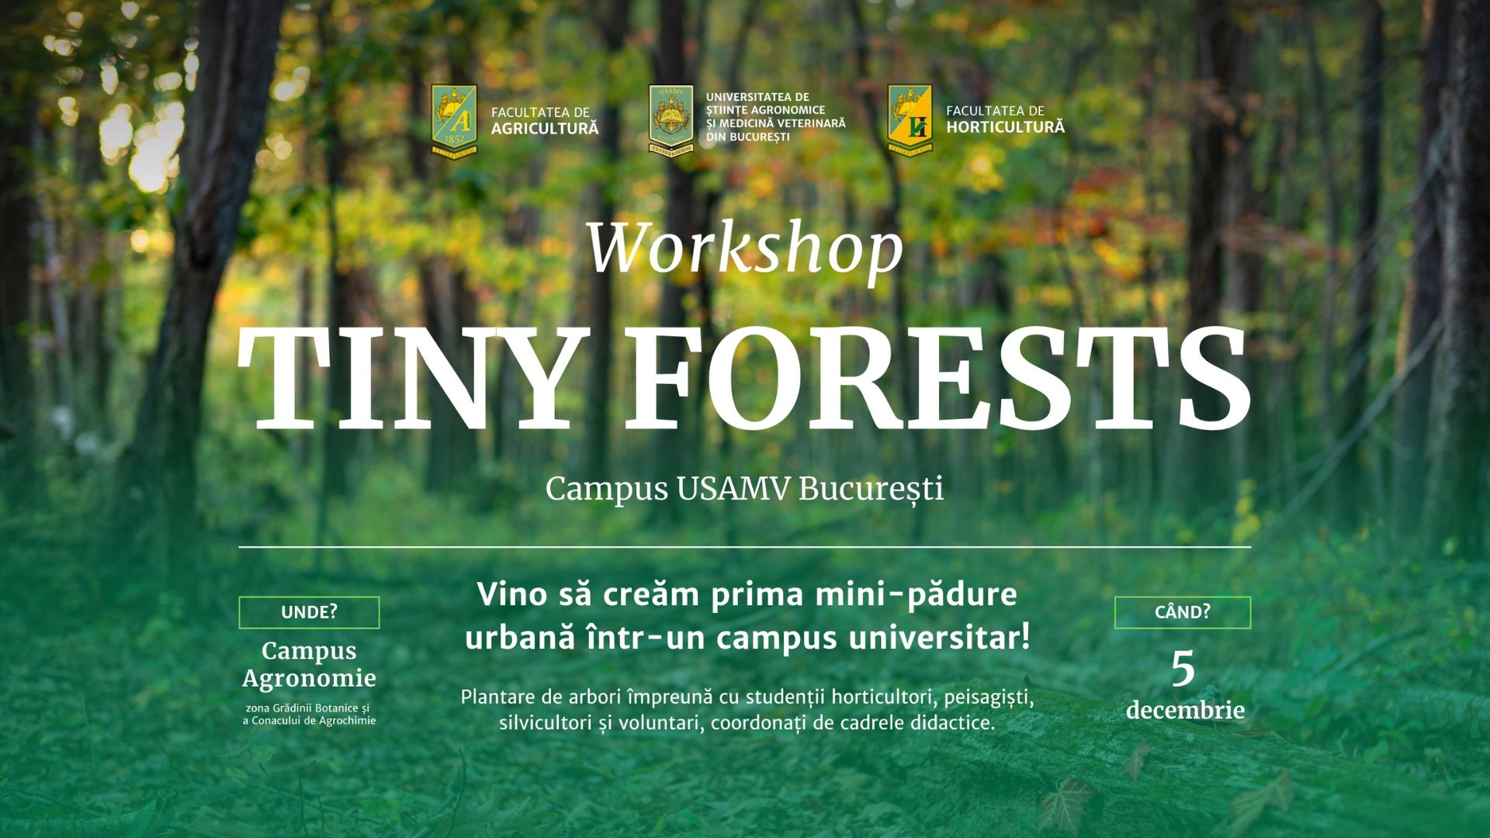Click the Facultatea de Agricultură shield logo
[454, 120]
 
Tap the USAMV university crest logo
[670, 118]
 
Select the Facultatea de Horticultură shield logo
[910, 120]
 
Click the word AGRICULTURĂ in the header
[545, 129]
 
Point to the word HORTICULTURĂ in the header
[1005, 127]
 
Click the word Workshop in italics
[745, 250]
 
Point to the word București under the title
[871, 490]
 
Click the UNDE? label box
[309, 612]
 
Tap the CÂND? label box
[1182, 612]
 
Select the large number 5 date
[1183, 669]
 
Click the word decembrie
[1185, 710]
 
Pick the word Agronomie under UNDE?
[309, 678]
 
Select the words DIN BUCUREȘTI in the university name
[747, 137]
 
